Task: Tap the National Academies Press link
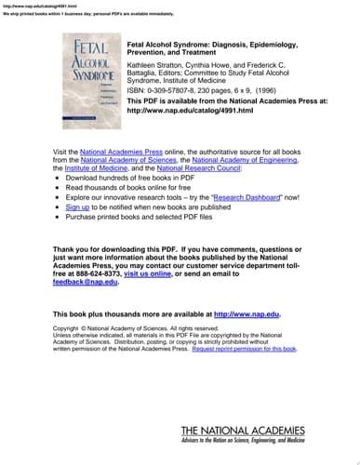120,150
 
